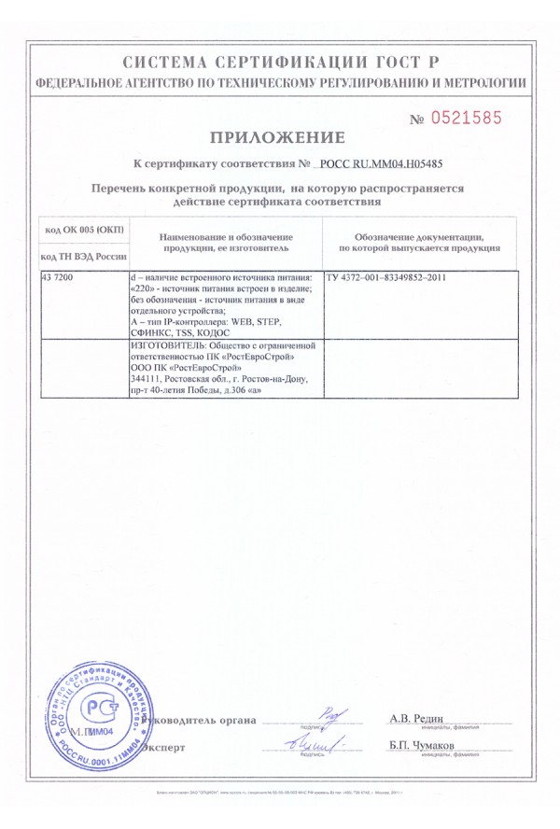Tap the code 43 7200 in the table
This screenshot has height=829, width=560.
(61, 279)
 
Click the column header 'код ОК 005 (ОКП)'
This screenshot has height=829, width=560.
(84, 230)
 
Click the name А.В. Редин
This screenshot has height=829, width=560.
(414, 717)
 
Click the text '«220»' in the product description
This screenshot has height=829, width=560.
(138, 289)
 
